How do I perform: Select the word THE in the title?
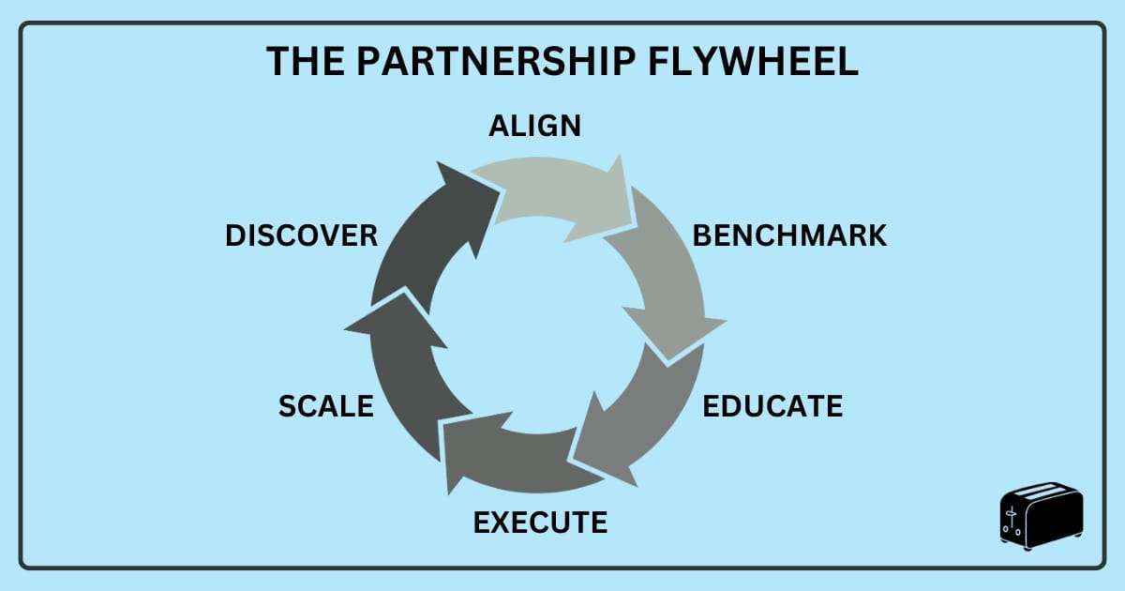tap(302, 61)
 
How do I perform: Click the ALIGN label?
tap(534, 126)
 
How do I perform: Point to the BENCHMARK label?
tap(789, 235)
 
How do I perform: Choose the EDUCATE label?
tap(772, 406)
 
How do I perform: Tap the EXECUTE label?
tap(540, 522)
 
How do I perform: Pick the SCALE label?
tap(326, 407)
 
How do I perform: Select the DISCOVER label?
tap(301, 235)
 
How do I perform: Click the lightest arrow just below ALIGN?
tap(553, 197)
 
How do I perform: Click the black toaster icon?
tap(1041, 519)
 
